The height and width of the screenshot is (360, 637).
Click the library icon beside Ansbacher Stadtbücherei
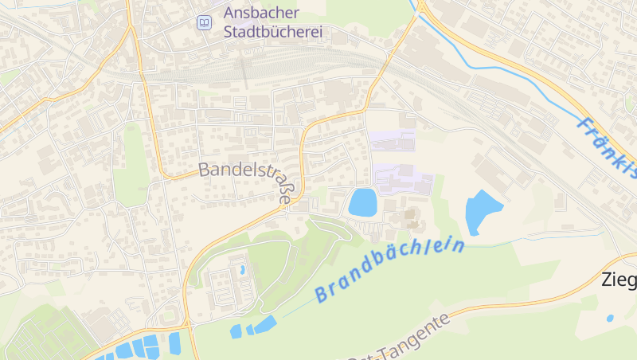205,23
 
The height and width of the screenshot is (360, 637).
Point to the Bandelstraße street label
245,170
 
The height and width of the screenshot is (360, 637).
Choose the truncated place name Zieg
619,280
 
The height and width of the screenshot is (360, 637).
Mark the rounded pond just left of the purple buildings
362,202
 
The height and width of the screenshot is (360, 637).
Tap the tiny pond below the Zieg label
610,318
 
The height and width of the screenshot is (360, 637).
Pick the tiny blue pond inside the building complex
242,270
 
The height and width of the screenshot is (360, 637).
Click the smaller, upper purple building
393,139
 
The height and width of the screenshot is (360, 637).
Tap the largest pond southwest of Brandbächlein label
264,325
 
